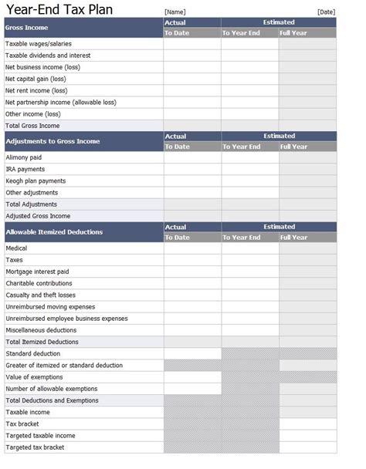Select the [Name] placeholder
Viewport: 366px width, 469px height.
pyautogui.click(x=174, y=12)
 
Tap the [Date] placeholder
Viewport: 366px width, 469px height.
pyautogui.click(x=327, y=12)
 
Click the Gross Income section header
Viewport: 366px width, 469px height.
pyautogui.click(x=26, y=28)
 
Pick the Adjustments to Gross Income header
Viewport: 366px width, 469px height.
pyautogui.click(x=53, y=141)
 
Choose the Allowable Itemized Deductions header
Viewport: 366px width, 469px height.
pyautogui.click(x=54, y=231)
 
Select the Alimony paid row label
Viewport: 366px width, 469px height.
pyautogui.click(x=24, y=157)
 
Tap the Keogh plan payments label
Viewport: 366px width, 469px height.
pyautogui.click(x=36, y=181)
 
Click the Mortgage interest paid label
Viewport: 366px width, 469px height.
pyautogui.click(x=37, y=272)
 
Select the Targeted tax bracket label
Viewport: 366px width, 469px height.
pyautogui.click(x=35, y=447)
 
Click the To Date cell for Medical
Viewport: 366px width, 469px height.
pyautogui.click(x=191, y=248)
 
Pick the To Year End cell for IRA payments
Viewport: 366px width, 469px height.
pyautogui.click(x=249, y=169)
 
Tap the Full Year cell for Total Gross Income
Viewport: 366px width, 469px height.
pyautogui.click(x=307, y=125)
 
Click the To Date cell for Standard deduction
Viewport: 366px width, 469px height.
pyautogui.click(x=191, y=353)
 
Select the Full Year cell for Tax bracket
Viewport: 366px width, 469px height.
pyautogui.click(x=307, y=424)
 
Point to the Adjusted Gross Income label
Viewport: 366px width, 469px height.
pyautogui.click(x=38, y=216)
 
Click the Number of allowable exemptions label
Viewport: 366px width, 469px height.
pyautogui.click(x=52, y=389)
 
